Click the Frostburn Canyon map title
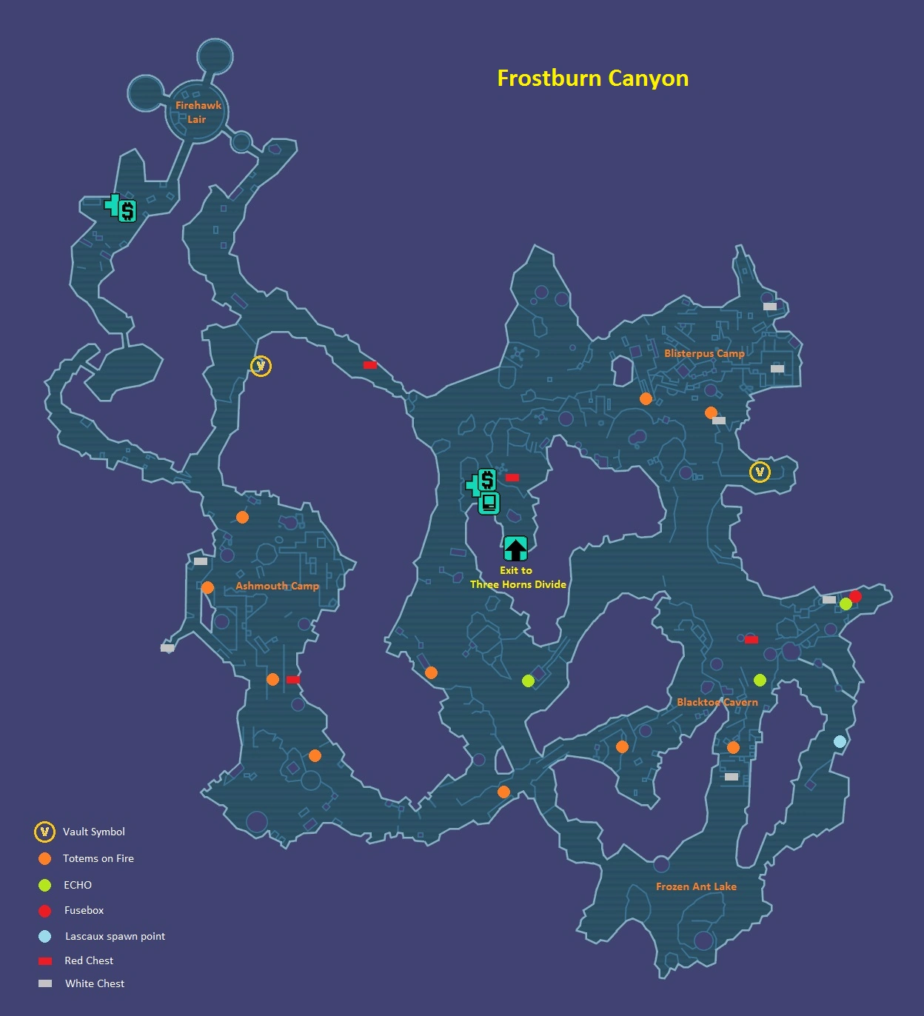[592, 78]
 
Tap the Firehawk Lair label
[198, 112]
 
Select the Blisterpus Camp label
[704, 353]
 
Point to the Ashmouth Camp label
[277, 586]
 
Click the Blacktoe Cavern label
[717, 702]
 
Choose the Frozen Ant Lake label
[696, 886]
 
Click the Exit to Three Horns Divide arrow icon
[515, 549]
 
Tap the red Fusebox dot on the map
[855, 596]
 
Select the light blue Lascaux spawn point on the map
[840, 741]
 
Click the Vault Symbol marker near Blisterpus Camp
[760, 472]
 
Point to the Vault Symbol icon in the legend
[44, 832]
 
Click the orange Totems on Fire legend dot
[44, 858]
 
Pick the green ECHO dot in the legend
[44, 885]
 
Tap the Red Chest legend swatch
[45, 961]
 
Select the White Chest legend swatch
[45, 983]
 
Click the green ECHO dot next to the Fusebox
[846, 604]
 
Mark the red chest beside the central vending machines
[512, 478]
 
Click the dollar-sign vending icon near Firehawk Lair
[127, 211]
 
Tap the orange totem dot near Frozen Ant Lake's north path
[733, 748]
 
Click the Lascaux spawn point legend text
[115, 936]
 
